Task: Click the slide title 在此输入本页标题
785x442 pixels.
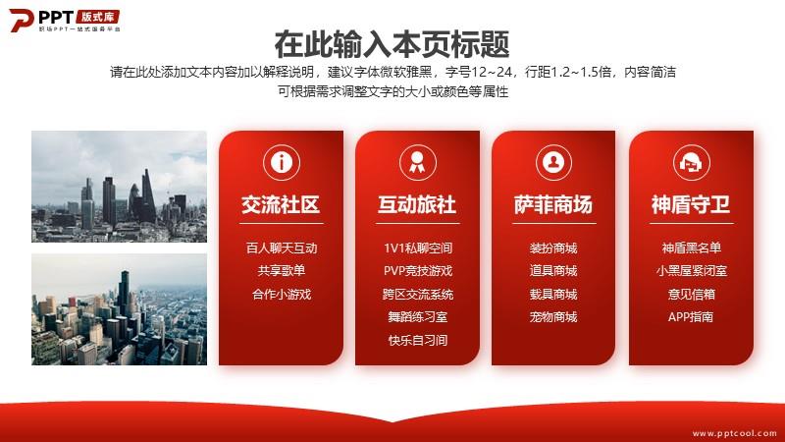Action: pyautogui.click(x=392, y=44)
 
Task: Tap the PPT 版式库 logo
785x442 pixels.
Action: pyautogui.click(x=65, y=21)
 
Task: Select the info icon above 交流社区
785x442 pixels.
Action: pyautogui.click(x=282, y=162)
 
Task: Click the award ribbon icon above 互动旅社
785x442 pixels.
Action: pyautogui.click(x=418, y=162)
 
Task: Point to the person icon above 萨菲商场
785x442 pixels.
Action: pyautogui.click(x=553, y=162)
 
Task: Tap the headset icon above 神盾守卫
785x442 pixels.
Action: pyautogui.click(x=691, y=162)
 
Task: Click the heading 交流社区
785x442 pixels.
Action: pyautogui.click(x=281, y=204)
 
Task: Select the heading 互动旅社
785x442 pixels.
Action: pyautogui.click(x=417, y=204)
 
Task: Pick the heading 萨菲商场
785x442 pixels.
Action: pyautogui.click(x=553, y=204)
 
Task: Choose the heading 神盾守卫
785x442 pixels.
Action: pyautogui.click(x=691, y=204)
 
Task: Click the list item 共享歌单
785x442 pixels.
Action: pyautogui.click(x=282, y=271)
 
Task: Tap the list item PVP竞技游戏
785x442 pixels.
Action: pyautogui.click(x=418, y=271)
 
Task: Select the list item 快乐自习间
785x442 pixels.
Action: pyautogui.click(x=418, y=340)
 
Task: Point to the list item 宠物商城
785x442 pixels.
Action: pyautogui.click(x=553, y=316)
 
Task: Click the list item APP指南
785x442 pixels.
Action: pyautogui.click(x=691, y=316)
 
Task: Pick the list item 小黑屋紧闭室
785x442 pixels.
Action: pyautogui.click(x=691, y=271)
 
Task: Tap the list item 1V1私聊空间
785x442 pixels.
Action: pyautogui.click(x=418, y=249)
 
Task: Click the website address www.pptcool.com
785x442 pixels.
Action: pyautogui.click(x=734, y=433)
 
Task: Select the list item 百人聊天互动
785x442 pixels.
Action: pyautogui.click(x=282, y=249)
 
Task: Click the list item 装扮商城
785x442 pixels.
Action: pyautogui.click(x=553, y=249)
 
